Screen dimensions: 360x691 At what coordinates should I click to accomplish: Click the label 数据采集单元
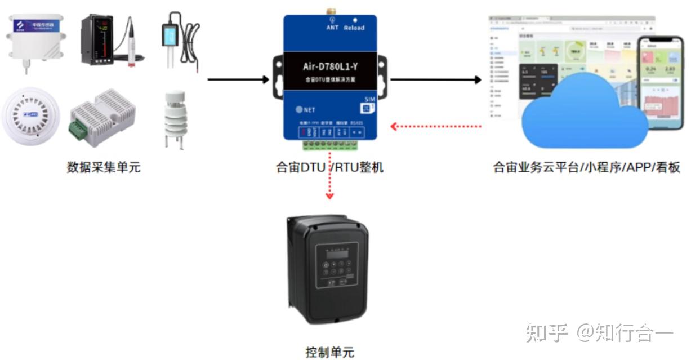click(x=104, y=167)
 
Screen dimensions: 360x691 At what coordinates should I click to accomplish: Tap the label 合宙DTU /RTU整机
click(x=329, y=167)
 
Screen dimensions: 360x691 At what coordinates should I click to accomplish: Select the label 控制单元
click(x=330, y=352)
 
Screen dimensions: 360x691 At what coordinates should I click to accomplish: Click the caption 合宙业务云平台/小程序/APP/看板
click(x=586, y=167)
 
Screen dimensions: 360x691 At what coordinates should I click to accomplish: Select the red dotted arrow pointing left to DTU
click(x=436, y=126)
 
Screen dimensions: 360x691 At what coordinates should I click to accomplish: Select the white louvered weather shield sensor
click(x=177, y=120)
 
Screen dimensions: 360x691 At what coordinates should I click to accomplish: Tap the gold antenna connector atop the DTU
click(x=331, y=11)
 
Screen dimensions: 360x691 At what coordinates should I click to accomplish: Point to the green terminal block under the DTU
click(x=329, y=145)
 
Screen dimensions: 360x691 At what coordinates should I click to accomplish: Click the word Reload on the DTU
click(x=354, y=28)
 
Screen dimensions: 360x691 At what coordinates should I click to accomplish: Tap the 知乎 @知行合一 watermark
click(x=599, y=333)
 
